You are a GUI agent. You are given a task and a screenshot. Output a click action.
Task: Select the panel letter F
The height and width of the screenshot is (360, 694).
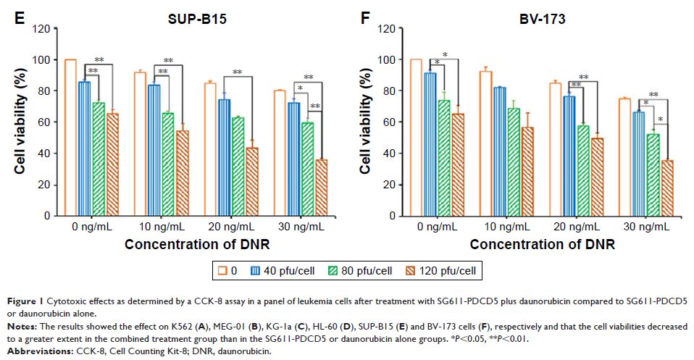[x=365, y=14]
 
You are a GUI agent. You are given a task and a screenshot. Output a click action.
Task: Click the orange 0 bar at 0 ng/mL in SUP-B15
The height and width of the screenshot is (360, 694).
[x=70, y=138]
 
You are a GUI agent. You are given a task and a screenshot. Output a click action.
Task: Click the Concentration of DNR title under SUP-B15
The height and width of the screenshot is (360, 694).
[x=197, y=244]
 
